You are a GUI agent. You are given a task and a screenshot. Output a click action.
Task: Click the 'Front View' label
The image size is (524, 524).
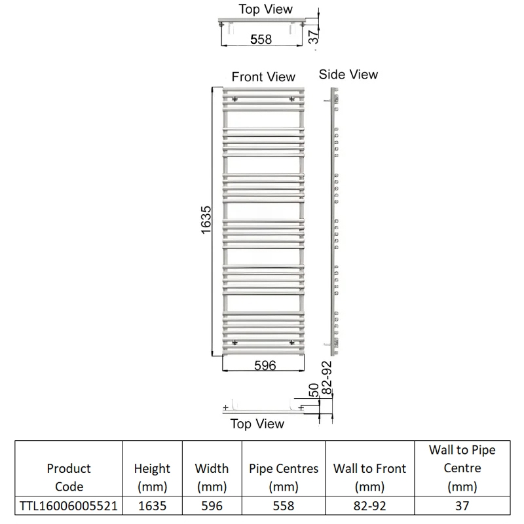tap(263, 77)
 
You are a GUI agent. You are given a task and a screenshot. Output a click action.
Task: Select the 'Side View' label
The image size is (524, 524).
tap(348, 75)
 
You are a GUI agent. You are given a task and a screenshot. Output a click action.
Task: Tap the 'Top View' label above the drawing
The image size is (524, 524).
tap(266, 9)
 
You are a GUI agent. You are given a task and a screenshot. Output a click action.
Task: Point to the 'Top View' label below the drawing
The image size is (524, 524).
tap(257, 424)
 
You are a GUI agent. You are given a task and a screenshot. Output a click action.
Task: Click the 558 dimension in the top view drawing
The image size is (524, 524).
tap(261, 39)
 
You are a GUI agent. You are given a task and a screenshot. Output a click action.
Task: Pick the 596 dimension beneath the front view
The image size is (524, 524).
tap(265, 365)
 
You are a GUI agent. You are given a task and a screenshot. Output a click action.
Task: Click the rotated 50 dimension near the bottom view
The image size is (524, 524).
tap(314, 390)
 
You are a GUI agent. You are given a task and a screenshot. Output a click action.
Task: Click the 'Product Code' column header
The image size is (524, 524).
tap(69, 477)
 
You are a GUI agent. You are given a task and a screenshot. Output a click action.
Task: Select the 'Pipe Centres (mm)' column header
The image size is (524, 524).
tap(284, 477)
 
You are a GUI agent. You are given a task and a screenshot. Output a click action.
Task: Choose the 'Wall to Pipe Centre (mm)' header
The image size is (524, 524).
tap(462, 468)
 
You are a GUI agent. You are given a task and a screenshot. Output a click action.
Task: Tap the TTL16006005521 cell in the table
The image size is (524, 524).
tap(69, 506)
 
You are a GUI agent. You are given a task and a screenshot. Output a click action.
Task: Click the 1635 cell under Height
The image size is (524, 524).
tap(152, 506)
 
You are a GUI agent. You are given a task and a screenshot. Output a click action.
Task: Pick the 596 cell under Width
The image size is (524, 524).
tap(212, 506)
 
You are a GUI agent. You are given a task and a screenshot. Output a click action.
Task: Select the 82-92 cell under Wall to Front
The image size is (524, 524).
tap(369, 506)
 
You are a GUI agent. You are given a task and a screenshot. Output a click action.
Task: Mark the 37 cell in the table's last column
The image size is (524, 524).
tap(462, 506)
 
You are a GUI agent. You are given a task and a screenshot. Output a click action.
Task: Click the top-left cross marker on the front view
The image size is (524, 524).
tap(234, 99)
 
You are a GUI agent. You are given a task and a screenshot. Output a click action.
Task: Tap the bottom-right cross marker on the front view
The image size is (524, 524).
tap(291, 341)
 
